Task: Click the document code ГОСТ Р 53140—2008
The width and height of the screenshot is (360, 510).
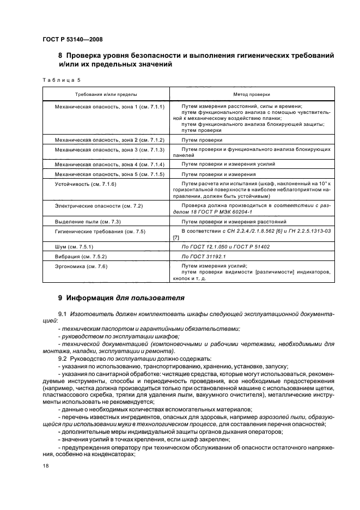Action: click(x=72, y=39)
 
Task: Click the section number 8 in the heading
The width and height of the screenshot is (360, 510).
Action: click(x=60, y=56)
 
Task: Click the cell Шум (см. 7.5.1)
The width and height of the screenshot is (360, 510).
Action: click(x=75, y=246)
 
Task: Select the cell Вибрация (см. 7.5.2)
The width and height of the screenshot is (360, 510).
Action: click(x=81, y=256)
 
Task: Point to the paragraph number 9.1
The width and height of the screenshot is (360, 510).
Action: click(x=62, y=315)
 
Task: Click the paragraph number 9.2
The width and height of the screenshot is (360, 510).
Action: click(x=62, y=359)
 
